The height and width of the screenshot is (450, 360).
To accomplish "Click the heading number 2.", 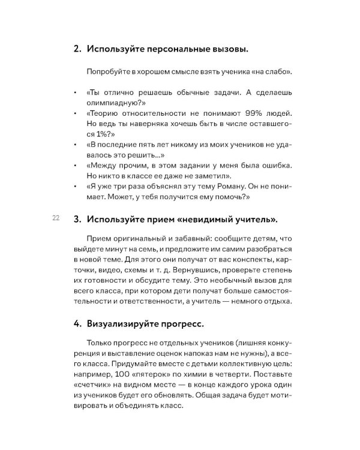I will [x=77, y=49].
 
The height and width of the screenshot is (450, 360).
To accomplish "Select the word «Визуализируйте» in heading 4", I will [x=124, y=325].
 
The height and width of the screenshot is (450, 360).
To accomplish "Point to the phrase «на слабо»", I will [x=274, y=72].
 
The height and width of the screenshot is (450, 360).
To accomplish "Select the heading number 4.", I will [x=77, y=325].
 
